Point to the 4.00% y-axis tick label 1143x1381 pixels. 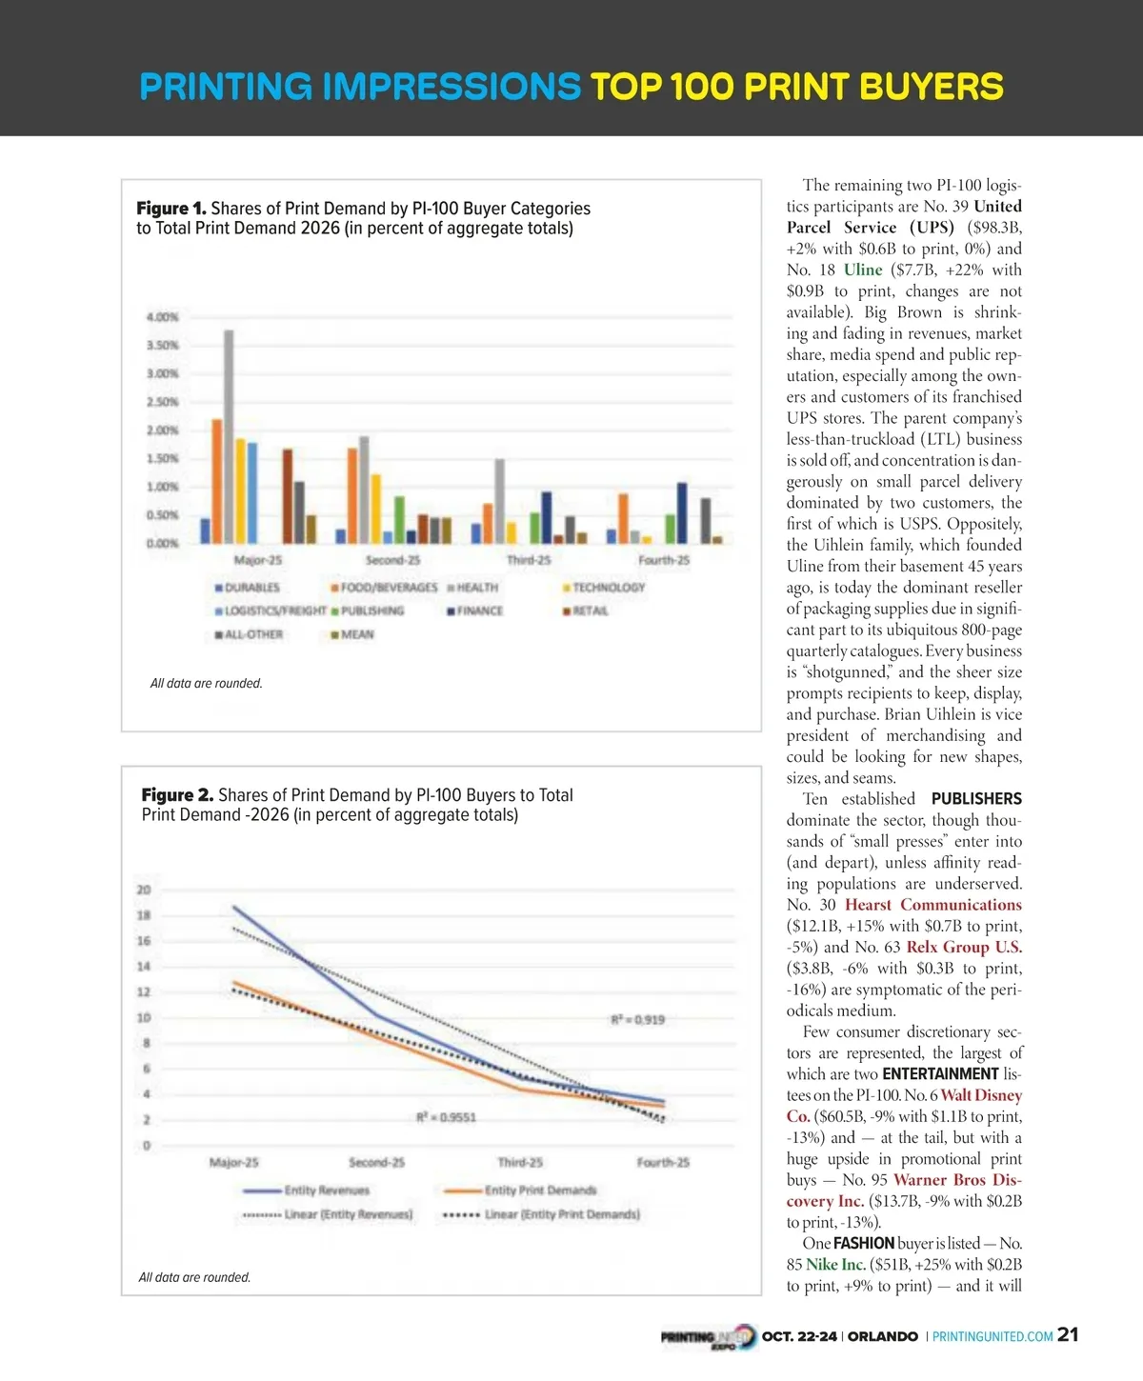point(162,317)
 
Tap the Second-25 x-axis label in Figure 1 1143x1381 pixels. point(392,560)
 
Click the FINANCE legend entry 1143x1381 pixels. point(475,610)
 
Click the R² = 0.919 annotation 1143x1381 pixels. point(637,1020)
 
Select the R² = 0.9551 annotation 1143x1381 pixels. point(446,1117)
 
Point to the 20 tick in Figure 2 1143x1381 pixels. point(144,891)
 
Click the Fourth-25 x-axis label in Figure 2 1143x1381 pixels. point(663,1163)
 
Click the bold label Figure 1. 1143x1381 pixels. point(170,209)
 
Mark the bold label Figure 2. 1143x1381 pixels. point(177,795)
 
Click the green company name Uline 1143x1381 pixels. point(863,270)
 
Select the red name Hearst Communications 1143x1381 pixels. point(932,905)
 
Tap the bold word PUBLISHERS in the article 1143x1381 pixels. point(976,799)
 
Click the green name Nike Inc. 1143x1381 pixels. point(835,1265)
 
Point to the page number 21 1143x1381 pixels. point(1068,1335)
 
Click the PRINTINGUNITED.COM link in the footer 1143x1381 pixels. point(993,1336)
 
